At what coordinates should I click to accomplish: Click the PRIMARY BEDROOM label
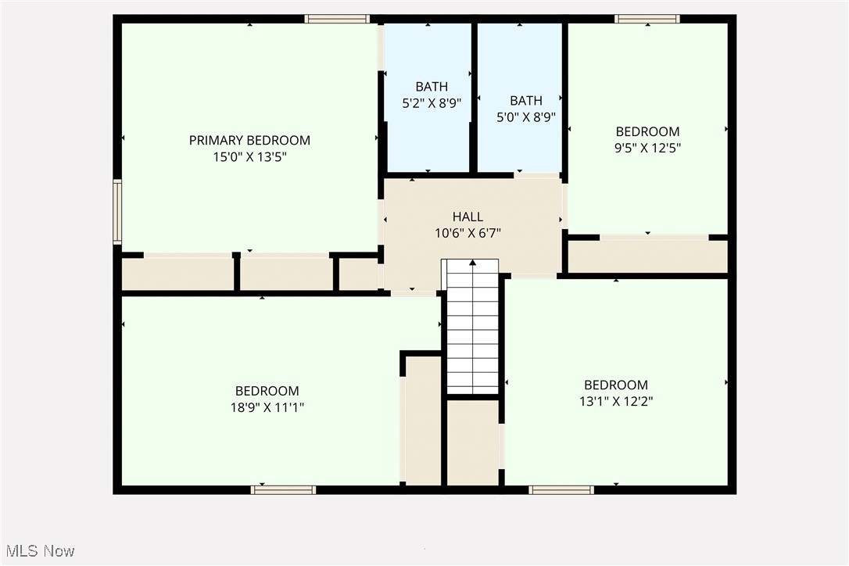tap(249, 141)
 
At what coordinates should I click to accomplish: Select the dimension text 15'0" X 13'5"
tap(249, 157)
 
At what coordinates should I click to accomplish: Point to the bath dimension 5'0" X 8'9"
tap(526, 117)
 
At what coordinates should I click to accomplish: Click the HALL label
tap(467, 217)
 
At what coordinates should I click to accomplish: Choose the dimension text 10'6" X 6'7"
tap(467, 233)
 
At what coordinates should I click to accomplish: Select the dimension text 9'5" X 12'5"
tap(647, 148)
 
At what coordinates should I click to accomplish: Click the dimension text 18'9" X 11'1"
tap(267, 407)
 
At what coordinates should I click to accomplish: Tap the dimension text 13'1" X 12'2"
tap(616, 401)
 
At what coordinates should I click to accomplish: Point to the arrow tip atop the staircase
tap(472, 263)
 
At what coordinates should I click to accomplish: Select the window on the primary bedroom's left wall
tap(117, 212)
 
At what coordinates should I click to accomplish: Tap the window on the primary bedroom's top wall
tap(336, 19)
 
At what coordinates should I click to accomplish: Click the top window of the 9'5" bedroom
tap(647, 19)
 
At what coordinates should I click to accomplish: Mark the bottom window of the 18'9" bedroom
tap(283, 490)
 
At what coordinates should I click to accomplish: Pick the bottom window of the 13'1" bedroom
tap(561, 490)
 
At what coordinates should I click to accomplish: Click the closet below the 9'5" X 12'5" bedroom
tap(647, 256)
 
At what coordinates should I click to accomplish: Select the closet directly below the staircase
tap(472, 442)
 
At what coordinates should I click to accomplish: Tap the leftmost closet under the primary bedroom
tap(177, 274)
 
